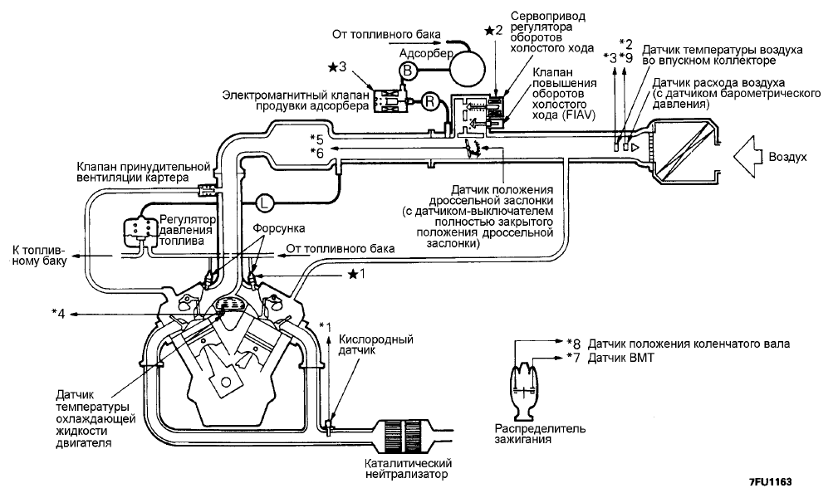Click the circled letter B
[x=407, y=71]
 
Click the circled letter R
[x=429, y=101]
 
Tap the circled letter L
[x=264, y=203]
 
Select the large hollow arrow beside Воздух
[x=747, y=156]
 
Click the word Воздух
[x=787, y=157]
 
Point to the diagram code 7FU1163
[x=770, y=481]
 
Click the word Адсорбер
[x=426, y=53]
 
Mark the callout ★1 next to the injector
[x=356, y=275]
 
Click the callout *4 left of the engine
[x=58, y=314]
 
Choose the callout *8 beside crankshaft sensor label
[x=573, y=344]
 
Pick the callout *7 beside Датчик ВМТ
[x=573, y=358]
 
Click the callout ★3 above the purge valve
[x=337, y=67]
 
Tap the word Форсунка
[x=279, y=229]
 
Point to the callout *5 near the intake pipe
[x=317, y=140]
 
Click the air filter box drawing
[x=684, y=150]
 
